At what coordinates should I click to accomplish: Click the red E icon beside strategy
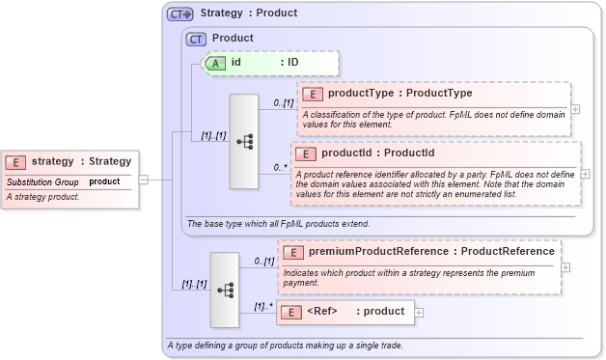pos(16,162)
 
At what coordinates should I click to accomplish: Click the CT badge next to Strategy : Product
pos(179,14)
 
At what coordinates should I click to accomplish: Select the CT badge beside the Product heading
pos(196,40)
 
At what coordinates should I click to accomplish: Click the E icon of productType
pos(313,95)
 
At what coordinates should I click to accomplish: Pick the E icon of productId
pos(305,154)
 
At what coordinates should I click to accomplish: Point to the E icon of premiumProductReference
pos(293,253)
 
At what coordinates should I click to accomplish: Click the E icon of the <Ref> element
pos(291,312)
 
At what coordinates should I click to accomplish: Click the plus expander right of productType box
pos(576,108)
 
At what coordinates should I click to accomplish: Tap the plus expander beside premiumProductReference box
pos(565,267)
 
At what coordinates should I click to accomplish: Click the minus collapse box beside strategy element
pos(143,179)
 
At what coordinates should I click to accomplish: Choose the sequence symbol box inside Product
pos(244,141)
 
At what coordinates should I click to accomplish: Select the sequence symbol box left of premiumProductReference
pos(225,289)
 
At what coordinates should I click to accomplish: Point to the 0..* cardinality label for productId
pos(280,167)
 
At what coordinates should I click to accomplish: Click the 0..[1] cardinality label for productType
pos(282,102)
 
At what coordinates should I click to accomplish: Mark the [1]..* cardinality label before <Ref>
pos(262,307)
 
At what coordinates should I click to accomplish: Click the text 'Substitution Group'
pos(42,181)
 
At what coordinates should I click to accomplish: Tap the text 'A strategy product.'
pos(42,197)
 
